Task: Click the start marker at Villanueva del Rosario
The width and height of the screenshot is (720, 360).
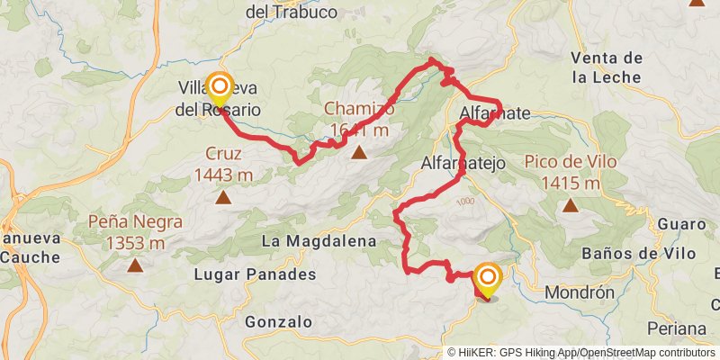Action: pyautogui.click(x=220, y=87)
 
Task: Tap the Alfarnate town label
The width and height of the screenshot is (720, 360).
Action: pyautogui.click(x=495, y=113)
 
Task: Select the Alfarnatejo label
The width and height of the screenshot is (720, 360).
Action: pyautogui.click(x=464, y=164)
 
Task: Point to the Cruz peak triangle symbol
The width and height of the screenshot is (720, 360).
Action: pyautogui.click(x=221, y=196)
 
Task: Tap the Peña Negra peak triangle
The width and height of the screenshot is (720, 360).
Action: pyautogui.click(x=135, y=265)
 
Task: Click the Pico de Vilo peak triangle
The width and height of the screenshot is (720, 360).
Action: pyautogui.click(x=570, y=205)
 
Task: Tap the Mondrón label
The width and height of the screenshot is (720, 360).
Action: pyautogui.click(x=580, y=292)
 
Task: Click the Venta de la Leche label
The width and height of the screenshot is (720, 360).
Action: pyautogui.click(x=607, y=67)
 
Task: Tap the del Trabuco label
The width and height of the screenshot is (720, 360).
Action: pyautogui.click(x=291, y=13)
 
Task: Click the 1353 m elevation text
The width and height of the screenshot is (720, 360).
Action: pyautogui.click(x=135, y=242)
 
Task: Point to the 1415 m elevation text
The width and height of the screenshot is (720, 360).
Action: pyautogui.click(x=571, y=184)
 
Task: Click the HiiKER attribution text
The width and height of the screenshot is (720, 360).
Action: pyautogui.click(x=486, y=353)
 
